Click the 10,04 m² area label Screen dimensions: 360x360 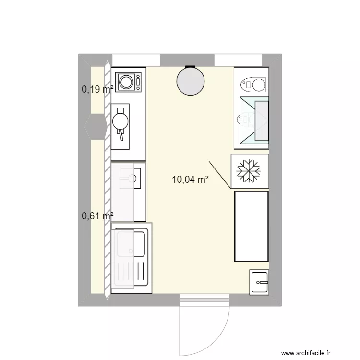pos(190,180)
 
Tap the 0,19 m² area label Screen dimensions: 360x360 pos(97,89)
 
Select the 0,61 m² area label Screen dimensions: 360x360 pos(97,216)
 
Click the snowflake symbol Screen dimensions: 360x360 pos(249,171)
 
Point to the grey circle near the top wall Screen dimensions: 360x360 pos(191,81)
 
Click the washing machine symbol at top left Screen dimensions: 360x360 pos(128,82)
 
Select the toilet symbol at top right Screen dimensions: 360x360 pos(253,84)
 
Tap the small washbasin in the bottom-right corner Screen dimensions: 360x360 pos(259,282)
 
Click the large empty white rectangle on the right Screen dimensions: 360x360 pos(252,226)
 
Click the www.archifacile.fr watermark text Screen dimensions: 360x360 pos(306,353)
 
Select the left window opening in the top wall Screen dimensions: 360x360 pos(136,60)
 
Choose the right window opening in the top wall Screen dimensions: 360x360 pos(238,60)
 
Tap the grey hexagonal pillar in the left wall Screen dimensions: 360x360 pos(96,127)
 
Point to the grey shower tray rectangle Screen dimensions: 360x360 pos(262,121)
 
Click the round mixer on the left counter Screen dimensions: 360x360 pos(120,121)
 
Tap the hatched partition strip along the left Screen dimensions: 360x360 pos(107,180)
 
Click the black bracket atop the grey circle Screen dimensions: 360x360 pos(191,67)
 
